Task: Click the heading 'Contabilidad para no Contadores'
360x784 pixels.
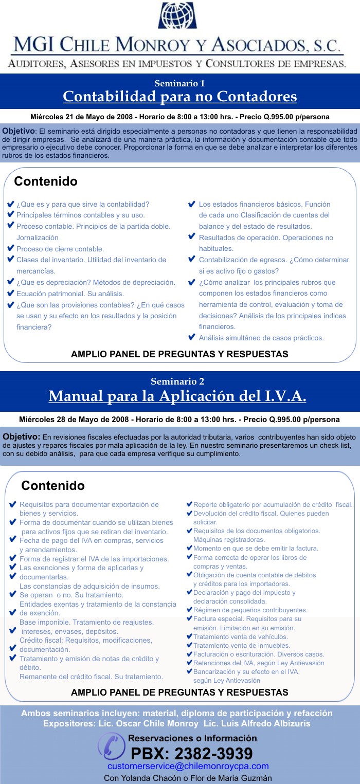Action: [x=180, y=96]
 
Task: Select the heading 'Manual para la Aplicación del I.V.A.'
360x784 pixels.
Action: [x=177, y=396]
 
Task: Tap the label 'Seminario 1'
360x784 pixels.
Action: [x=179, y=83]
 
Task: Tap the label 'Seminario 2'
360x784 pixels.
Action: [x=177, y=381]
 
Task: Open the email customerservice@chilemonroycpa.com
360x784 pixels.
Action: [x=188, y=767]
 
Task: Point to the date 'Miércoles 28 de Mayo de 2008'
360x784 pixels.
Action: [x=75, y=420]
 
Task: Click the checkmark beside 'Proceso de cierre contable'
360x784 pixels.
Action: [x=10, y=248]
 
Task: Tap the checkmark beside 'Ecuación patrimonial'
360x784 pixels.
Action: [x=10, y=293]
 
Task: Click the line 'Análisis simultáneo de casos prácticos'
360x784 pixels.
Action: [x=261, y=338]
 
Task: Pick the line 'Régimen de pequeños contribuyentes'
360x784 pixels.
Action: [x=250, y=610]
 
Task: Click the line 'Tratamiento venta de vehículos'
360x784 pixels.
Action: [x=241, y=636]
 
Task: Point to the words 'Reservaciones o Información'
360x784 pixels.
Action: [x=192, y=738]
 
